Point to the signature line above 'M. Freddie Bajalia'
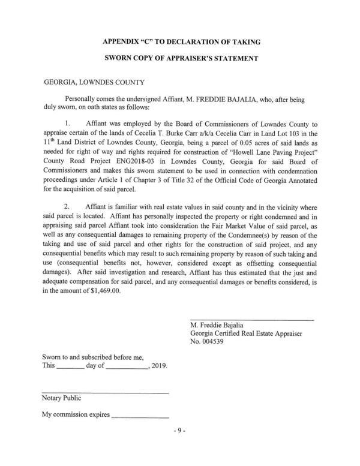pyautogui.click(x=251, y=318)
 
